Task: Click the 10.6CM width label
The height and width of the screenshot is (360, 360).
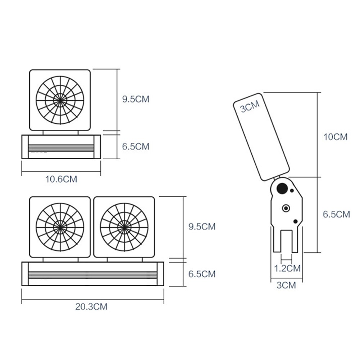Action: (61, 179)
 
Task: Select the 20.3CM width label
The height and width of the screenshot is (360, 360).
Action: (91, 307)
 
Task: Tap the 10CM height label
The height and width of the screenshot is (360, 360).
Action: (335, 137)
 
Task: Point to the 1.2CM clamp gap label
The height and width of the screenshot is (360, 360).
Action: (287, 268)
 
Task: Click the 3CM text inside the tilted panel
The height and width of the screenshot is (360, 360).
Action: (250, 107)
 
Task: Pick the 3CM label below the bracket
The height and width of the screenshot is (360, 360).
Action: (286, 286)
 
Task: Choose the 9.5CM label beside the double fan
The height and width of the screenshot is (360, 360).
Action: (202, 227)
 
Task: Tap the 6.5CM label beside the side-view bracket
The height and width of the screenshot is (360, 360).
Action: (336, 214)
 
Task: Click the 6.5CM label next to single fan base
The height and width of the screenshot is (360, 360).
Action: (136, 146)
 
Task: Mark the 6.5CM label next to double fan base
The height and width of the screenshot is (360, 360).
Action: (202, 274)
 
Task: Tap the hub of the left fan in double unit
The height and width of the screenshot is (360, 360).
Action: (60, 227)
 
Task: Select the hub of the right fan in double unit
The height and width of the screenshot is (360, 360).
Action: (124, 227)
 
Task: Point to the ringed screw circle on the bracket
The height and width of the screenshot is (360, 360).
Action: (286, 208)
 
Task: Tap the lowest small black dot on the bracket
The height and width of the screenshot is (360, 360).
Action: (296, 221)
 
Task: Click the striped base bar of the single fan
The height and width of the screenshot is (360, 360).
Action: (61, 147)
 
